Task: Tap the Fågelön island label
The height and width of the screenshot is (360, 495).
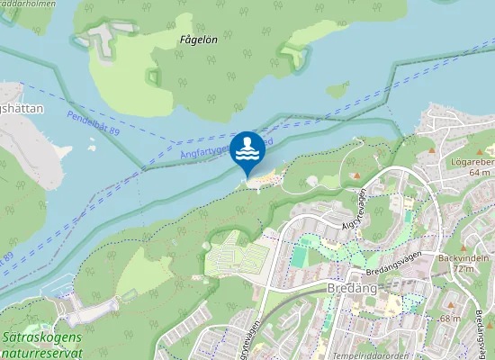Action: click(x=198, y=40)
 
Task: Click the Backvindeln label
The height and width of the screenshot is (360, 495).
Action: click(x=455, y=257)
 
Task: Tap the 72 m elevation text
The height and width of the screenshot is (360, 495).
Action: click(x=463, y=269)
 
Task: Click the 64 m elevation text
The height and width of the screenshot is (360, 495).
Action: click(x=479, y=172)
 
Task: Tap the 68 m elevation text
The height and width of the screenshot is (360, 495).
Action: click(x=450, y=319)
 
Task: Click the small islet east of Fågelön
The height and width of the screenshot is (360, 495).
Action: click(x=338, y=91)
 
